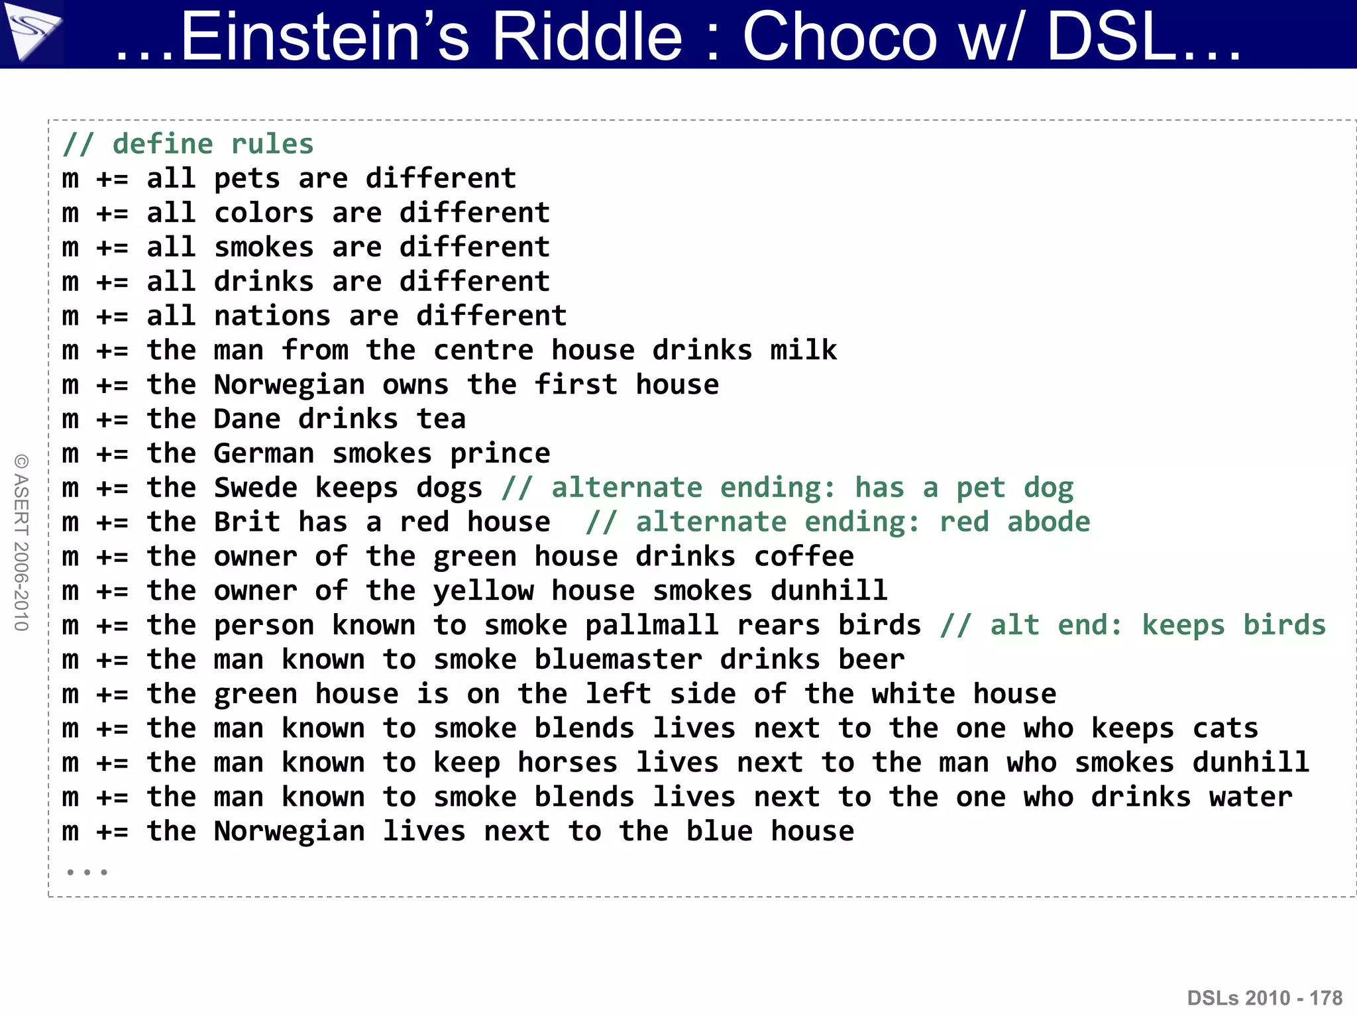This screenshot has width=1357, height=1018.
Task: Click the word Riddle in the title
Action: click(x=586, y=36)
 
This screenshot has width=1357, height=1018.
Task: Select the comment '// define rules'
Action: click(x=188, y=144)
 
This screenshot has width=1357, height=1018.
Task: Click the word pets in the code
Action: click(x=246, y=179)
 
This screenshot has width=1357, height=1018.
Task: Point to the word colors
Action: click(x=264, y=213)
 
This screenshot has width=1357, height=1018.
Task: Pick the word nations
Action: click(x=272, y=316)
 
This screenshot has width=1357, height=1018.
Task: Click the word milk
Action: click(x=803, y=351)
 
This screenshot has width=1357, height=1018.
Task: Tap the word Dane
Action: click(x=246, y=420)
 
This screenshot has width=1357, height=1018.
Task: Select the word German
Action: click(x=264, y=454)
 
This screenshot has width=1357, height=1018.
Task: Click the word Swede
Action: click(x=255, y=488)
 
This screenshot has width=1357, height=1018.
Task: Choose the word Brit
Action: click(x=246, y=522)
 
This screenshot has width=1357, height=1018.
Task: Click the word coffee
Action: click(x=804, y=557)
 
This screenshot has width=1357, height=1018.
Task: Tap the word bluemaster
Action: click(x=618, y=660)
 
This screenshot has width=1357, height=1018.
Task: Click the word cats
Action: click(x=1225, y=729)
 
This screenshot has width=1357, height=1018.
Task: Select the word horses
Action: click(x=567, y=763)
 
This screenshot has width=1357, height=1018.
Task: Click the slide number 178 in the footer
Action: click(x=1326, y=998)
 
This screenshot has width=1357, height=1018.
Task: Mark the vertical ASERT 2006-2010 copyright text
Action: click(x=21, y=542)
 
